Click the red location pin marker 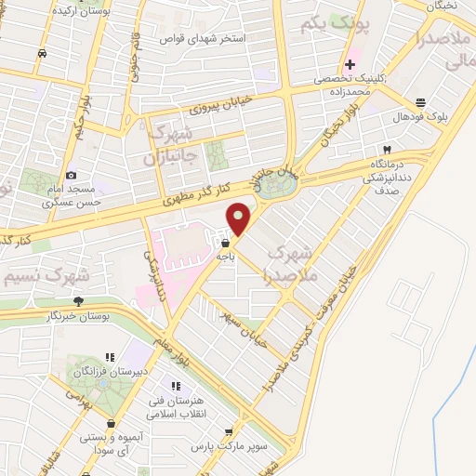239,218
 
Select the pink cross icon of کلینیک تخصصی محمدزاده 350,64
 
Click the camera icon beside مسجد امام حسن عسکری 72,176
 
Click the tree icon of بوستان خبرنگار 78,300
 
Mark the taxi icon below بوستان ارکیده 43,53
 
